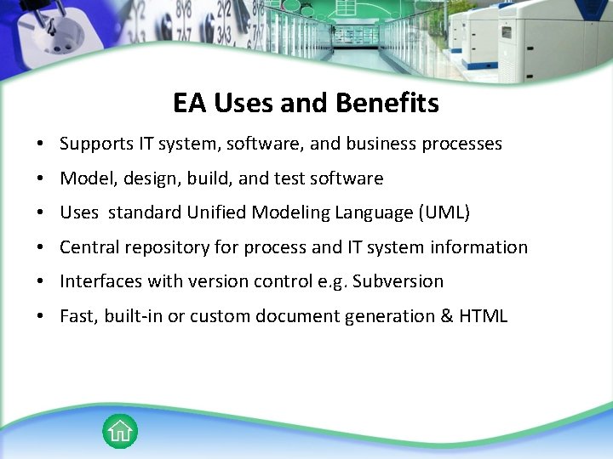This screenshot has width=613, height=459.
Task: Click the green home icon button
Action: pyautogui.click(x=120, y=431)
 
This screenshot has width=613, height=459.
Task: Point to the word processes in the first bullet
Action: pyautogui.click(x=461, y=144)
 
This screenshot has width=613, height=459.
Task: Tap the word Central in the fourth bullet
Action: pyautogui.click(x=90, y=247)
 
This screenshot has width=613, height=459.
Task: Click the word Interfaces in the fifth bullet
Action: pyautogui.click(x=100, y=281)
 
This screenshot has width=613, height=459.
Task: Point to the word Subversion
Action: pyautogui.click(x=399, y=281)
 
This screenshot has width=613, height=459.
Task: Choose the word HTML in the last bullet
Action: pyautogui.click(x=483, y=316)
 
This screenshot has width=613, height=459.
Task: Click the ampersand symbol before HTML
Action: pyautogui.click(x=445, y=316)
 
